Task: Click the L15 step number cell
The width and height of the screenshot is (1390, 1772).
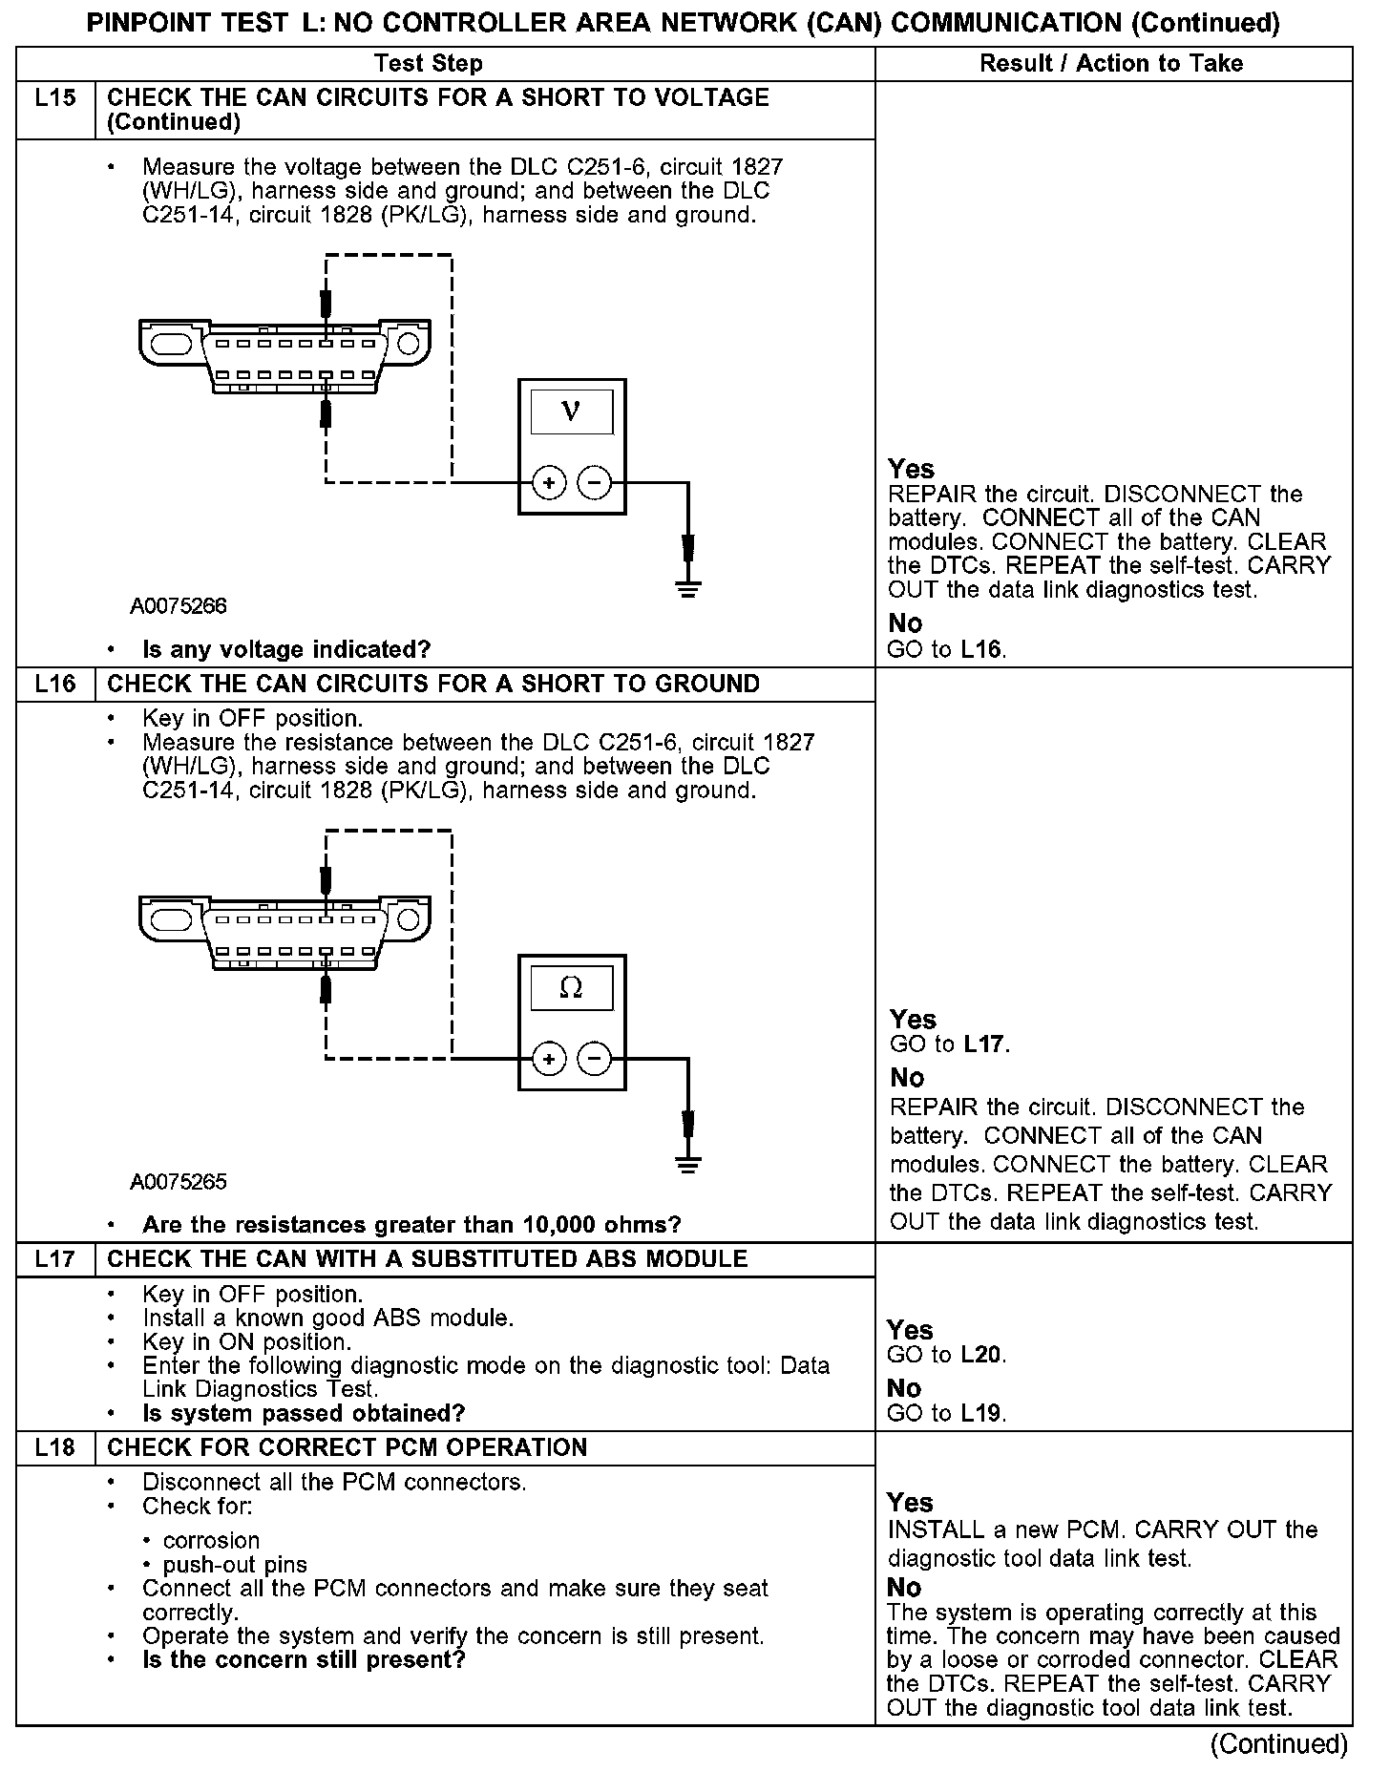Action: [55, 98]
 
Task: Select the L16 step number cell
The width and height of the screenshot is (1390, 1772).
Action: [55, 685]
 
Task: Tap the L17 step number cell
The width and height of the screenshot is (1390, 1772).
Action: [55, 1259]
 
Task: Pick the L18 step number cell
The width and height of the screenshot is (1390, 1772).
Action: [55, 1447]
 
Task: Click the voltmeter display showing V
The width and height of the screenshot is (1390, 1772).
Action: [572, 411]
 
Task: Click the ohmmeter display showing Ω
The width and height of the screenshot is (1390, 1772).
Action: [572, 987]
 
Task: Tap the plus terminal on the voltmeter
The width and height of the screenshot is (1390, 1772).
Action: [549, 483]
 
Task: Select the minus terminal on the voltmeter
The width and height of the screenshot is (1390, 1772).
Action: [595, 483]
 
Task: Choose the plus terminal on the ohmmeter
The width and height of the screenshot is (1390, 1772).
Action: [549, 1059]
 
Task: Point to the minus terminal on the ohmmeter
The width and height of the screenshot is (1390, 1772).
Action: [595, 1059]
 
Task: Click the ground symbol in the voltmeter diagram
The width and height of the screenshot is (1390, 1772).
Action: [687, 586]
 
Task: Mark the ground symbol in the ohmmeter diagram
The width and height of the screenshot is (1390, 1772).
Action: [687, 1162]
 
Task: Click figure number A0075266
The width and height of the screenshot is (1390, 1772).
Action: [179, 606]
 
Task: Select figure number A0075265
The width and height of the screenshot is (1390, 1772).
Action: [179, 1182]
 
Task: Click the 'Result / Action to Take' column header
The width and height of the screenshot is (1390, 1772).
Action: [1111, 64]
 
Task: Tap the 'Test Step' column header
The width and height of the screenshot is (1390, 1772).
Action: [429, 64]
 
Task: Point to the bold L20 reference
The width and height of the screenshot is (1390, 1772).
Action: [981, 1355]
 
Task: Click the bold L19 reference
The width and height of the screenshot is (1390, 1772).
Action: [981, 1413]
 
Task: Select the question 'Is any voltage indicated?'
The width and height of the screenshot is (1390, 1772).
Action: [286, 650]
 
